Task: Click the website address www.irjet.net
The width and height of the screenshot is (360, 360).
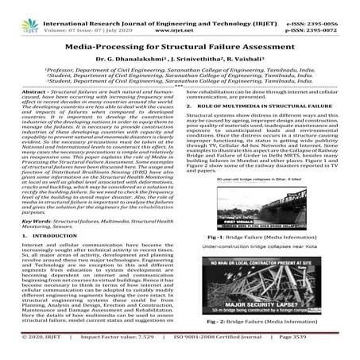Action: click(x=180, y=20)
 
